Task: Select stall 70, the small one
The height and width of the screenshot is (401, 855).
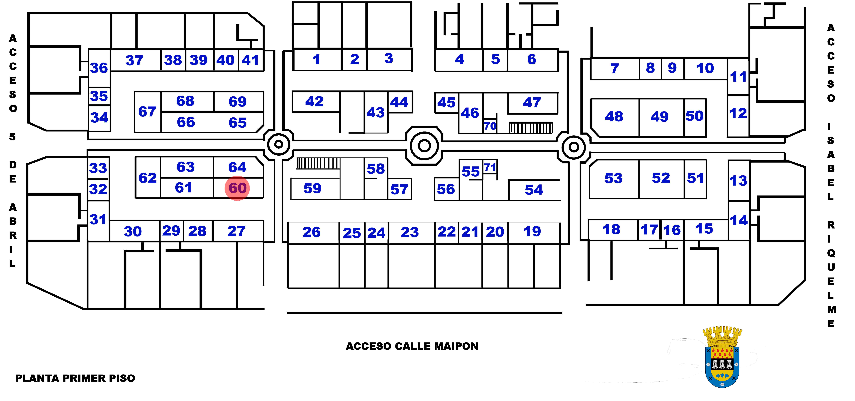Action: pos(490,126)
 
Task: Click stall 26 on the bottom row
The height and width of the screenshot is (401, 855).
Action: pos(311,232)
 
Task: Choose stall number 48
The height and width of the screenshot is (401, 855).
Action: pos(614,116)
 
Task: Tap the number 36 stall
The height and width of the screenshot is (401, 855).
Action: pos(99,68)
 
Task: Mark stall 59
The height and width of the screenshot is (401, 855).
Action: pos(312,188)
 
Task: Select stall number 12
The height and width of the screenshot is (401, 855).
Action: pos(738,113)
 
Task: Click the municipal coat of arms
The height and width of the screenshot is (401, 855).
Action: pos(722,357)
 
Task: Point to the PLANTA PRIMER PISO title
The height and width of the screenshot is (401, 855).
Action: pos(75,378)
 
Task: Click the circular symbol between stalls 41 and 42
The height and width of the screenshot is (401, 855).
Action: pos(279,144)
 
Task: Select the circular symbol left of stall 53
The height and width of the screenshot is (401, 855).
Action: pos(574,147)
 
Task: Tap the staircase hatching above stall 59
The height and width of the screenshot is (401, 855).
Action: pos(318,163)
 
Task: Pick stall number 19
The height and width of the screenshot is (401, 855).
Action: pos(532,231)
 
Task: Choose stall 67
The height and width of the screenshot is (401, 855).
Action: pos(147,112)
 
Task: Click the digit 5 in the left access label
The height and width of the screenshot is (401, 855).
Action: pos(12,137)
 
